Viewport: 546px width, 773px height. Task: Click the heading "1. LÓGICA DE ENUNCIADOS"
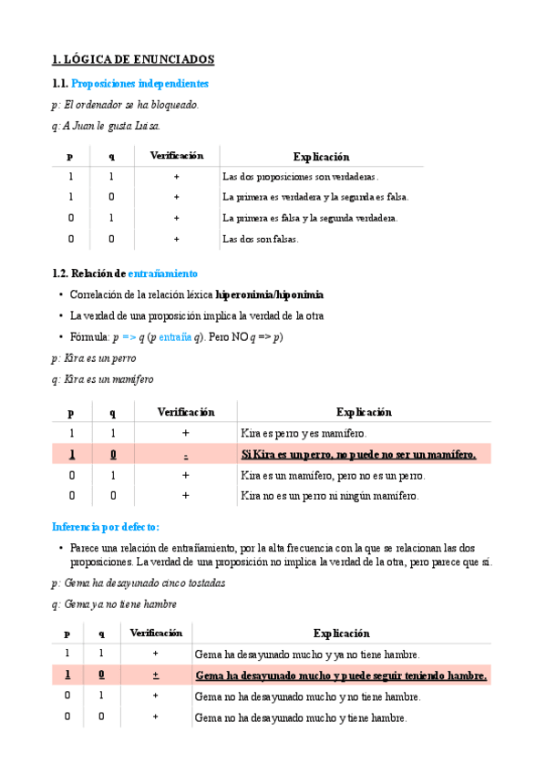[x=134, y=60]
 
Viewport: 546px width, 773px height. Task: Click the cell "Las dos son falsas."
[x=261, y=239]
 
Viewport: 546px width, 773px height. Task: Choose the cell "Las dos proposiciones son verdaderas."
[x=300, y=176]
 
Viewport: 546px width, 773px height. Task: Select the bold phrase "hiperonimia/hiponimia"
[x=269, y=295]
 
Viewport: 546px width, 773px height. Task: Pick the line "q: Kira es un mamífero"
[x=103, y=379]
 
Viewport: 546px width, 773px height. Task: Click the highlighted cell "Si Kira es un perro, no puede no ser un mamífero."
[x=358, y=454]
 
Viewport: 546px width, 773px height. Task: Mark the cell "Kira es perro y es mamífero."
[x=303, y=433]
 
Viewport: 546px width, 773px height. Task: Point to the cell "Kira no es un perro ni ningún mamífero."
[x=330, y=496]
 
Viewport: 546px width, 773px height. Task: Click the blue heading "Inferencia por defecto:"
[x=106, y=527]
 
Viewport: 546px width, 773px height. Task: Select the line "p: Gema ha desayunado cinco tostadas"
[x=139, y=583]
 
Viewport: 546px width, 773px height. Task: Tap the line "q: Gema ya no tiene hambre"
[x=115, y=604]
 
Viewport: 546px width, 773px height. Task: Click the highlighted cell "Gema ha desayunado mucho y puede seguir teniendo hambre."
[x=341, y=675]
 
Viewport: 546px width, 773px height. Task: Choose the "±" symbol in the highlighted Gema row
[x=155, y=675]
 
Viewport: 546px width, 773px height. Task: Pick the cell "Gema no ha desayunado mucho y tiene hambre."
[x=301, y=717]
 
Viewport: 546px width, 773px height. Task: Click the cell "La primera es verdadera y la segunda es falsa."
[x=315, y=197]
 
